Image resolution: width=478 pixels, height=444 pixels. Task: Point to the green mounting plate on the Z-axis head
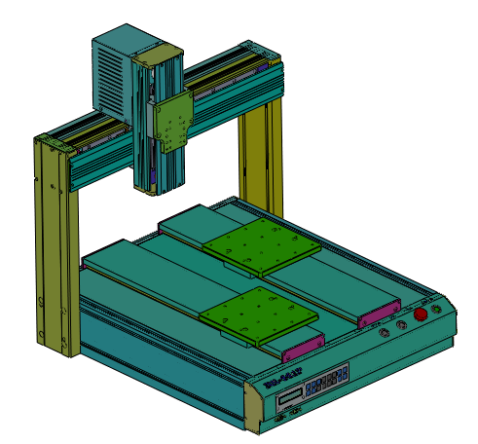(176, 123)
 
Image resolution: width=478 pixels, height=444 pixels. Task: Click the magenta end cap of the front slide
(304, 345)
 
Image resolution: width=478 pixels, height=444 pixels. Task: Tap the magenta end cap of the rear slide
(379, 314)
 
